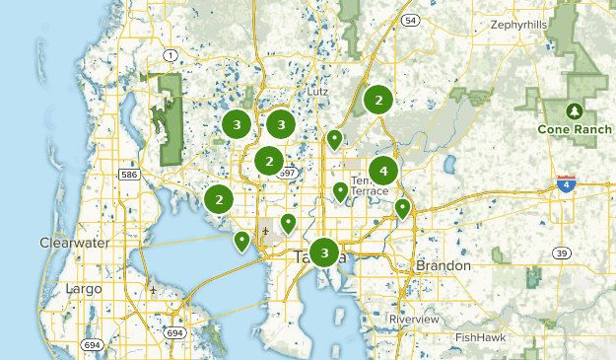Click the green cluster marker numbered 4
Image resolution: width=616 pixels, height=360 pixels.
(383, 170)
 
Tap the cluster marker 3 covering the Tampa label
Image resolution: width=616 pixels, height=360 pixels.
(324, 252)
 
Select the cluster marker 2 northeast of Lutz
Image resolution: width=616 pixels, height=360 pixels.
(377, 99)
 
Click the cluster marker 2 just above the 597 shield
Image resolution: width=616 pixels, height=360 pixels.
(269, 160)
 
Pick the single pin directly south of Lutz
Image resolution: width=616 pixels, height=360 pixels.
(335, 139)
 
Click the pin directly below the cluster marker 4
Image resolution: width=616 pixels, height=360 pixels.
(402, 208)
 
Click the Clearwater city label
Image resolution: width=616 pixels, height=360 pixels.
(69, 242)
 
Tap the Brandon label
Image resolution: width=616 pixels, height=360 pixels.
(445, 265)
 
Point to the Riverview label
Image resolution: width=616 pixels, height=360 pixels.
(414, 320)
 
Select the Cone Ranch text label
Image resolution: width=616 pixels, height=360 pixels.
(574, 128)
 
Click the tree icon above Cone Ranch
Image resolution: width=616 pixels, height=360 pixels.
(574, 110)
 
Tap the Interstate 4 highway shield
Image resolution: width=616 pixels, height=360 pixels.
(566, 183)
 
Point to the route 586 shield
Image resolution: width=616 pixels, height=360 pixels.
(127, 174)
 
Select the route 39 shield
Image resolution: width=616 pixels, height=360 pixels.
(562, 253)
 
